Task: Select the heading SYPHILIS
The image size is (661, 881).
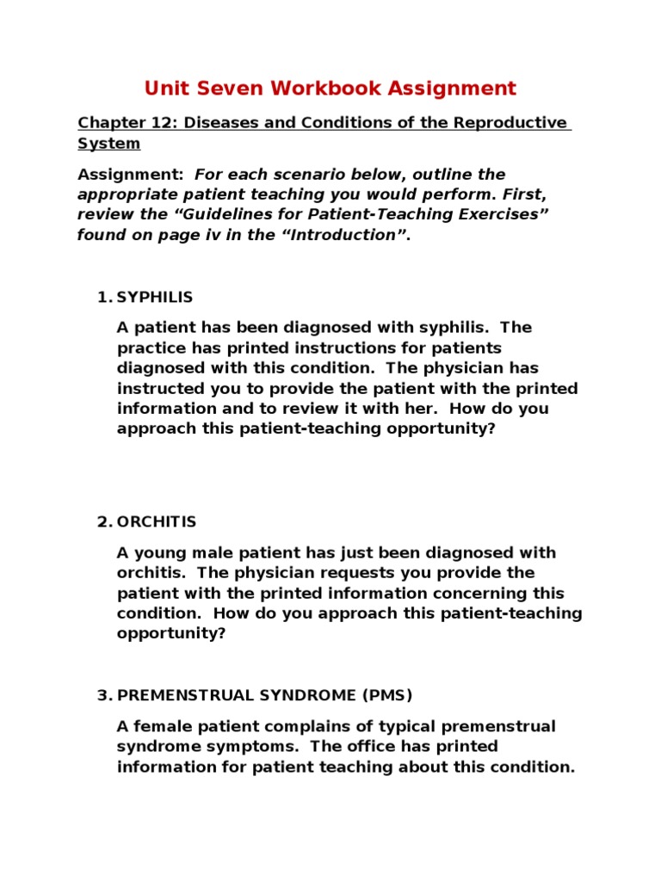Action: tap(155, 297)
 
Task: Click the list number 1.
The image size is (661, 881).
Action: tap(102, 297)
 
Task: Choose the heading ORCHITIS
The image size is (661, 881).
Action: tap(157, 521)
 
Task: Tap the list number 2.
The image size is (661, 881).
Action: tap(102, 521)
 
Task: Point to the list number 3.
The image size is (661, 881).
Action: tap(102, 695)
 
